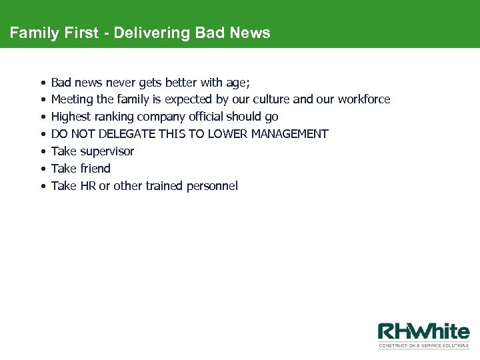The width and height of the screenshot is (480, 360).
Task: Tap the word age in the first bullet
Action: pos(238,83)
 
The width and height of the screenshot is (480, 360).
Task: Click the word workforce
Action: pos(364,99)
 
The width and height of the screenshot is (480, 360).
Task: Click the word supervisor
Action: pos(107,151)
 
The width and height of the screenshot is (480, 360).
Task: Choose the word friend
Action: pos(95,169)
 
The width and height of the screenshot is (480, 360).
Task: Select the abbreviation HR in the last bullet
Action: pos(88,186)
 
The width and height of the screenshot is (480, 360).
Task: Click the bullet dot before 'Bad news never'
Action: pos(42,83)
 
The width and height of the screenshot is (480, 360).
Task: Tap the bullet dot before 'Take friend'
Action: pos(42,169)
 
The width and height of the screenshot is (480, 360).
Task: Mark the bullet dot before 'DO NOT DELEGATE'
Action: pos(42,134)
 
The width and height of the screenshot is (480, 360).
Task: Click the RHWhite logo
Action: pos(423,332)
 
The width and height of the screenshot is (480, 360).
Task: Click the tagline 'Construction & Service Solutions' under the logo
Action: pos(423,346)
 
